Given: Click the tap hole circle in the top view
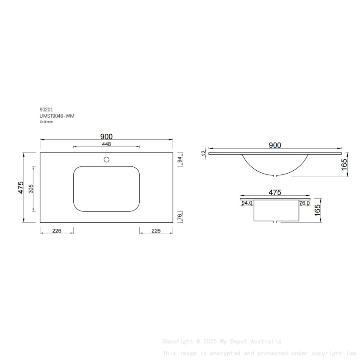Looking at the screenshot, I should (107, 160).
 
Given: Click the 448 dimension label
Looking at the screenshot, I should (106, 144).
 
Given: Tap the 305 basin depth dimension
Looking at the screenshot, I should (30, 189).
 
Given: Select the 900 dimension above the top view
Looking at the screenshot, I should (106, 136).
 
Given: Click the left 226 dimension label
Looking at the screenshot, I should (57, 231).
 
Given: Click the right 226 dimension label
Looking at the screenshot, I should (156, 231).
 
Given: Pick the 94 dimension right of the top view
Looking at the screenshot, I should (180, 160).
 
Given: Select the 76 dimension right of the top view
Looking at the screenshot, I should (180, 217).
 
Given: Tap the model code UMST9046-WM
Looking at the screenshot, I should (57, 116).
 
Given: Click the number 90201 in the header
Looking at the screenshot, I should (46, 109).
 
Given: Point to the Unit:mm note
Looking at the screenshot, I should (47, 122).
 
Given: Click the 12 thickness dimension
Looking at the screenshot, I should (204, 152).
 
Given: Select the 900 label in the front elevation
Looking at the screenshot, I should (275, 145).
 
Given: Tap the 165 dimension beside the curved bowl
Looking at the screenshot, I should (344, 164).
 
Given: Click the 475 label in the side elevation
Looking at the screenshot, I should (275, 193).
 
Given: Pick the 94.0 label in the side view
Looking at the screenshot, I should (247, 203).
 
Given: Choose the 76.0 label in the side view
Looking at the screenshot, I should (304, 203).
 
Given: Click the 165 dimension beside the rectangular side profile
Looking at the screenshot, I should (318, 210).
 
